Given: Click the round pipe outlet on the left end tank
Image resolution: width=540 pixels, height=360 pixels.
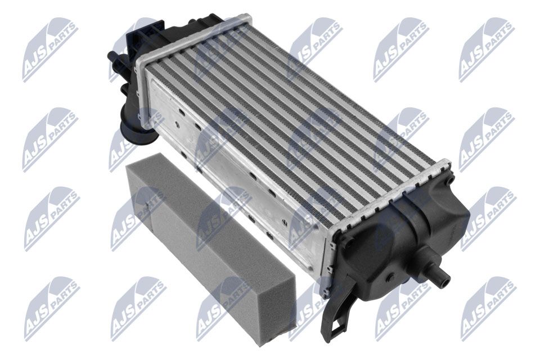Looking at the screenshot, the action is (x=138, y=128).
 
